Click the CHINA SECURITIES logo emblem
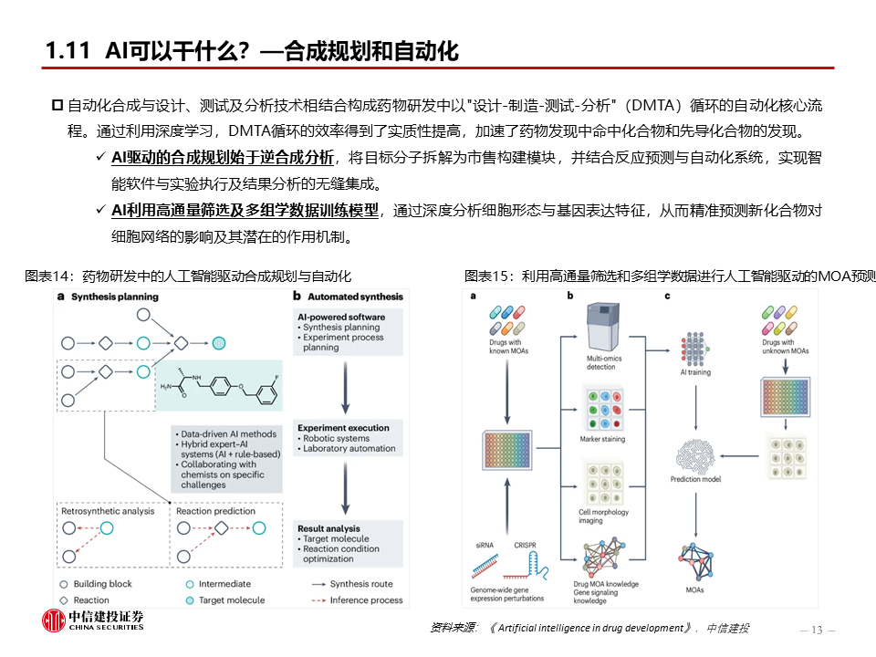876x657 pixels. click(54, 620)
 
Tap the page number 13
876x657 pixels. click(817, 631)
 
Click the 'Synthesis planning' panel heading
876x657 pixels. click(115, 297)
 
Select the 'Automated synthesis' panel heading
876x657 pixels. click(355, 297)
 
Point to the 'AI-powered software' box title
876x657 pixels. click(341, 317)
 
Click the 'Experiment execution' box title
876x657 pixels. click(343, 428)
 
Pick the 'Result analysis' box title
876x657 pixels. click(328, 528)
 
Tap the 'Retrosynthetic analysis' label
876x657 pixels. click(108, 511)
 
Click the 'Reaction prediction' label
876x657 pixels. click(215, 511)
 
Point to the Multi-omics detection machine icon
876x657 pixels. click(603, 328)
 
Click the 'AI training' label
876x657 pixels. click(695, 372)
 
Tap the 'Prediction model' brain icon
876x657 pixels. click(695, 456)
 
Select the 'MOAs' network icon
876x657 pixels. click(696, 561)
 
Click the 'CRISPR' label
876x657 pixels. click(526, 546)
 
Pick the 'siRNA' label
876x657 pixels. click(485, 546)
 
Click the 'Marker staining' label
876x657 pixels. click(602, 439)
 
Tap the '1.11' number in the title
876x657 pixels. click(68, 51)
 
